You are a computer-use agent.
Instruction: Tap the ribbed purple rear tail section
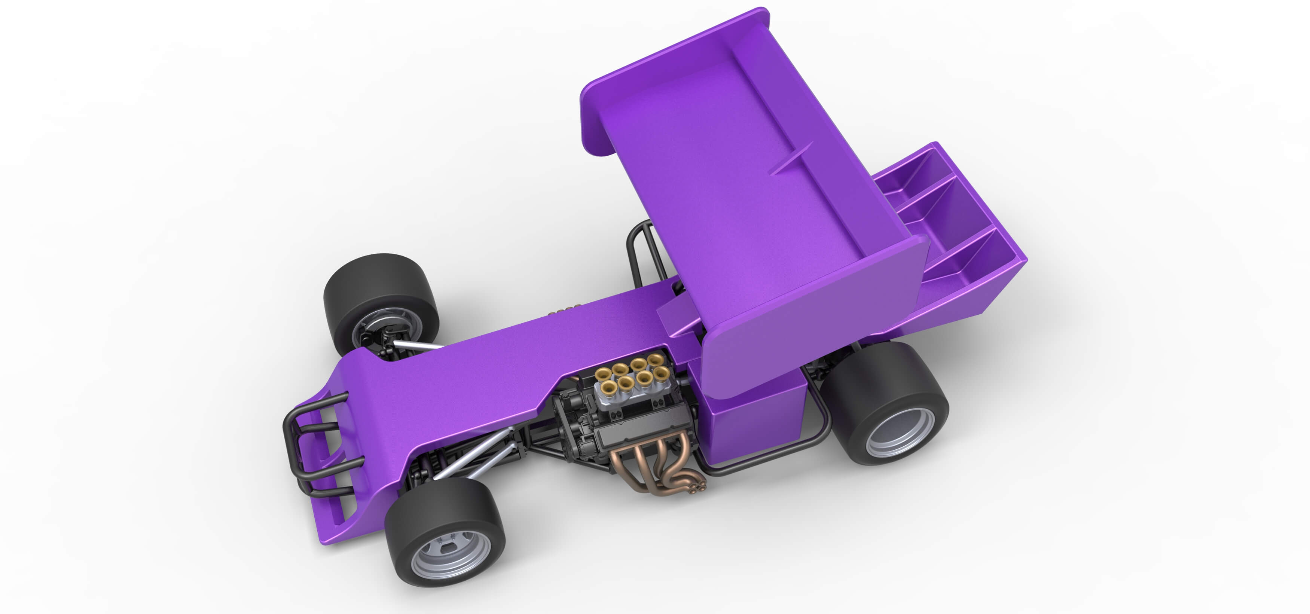click(x=951, y=229)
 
